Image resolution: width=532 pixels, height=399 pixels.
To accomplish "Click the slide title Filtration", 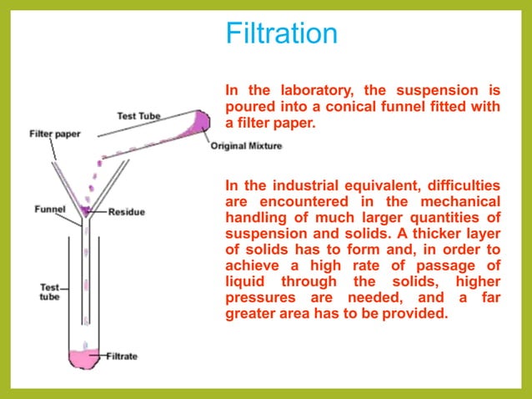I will coord(282,34).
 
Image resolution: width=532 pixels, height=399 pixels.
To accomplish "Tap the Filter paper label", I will coord(54,133).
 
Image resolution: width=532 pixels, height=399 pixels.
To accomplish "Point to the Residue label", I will coord(126,212).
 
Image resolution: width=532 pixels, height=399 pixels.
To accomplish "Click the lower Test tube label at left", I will coord(50,292).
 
